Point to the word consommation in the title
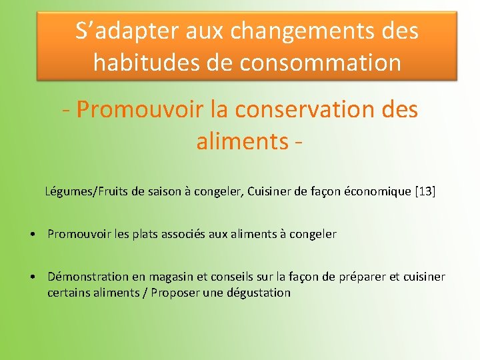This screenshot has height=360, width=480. point(320,63)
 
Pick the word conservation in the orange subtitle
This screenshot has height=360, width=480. point(306,109)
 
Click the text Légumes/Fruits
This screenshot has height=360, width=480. point(87,192)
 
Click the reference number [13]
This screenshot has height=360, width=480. point(425,192)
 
